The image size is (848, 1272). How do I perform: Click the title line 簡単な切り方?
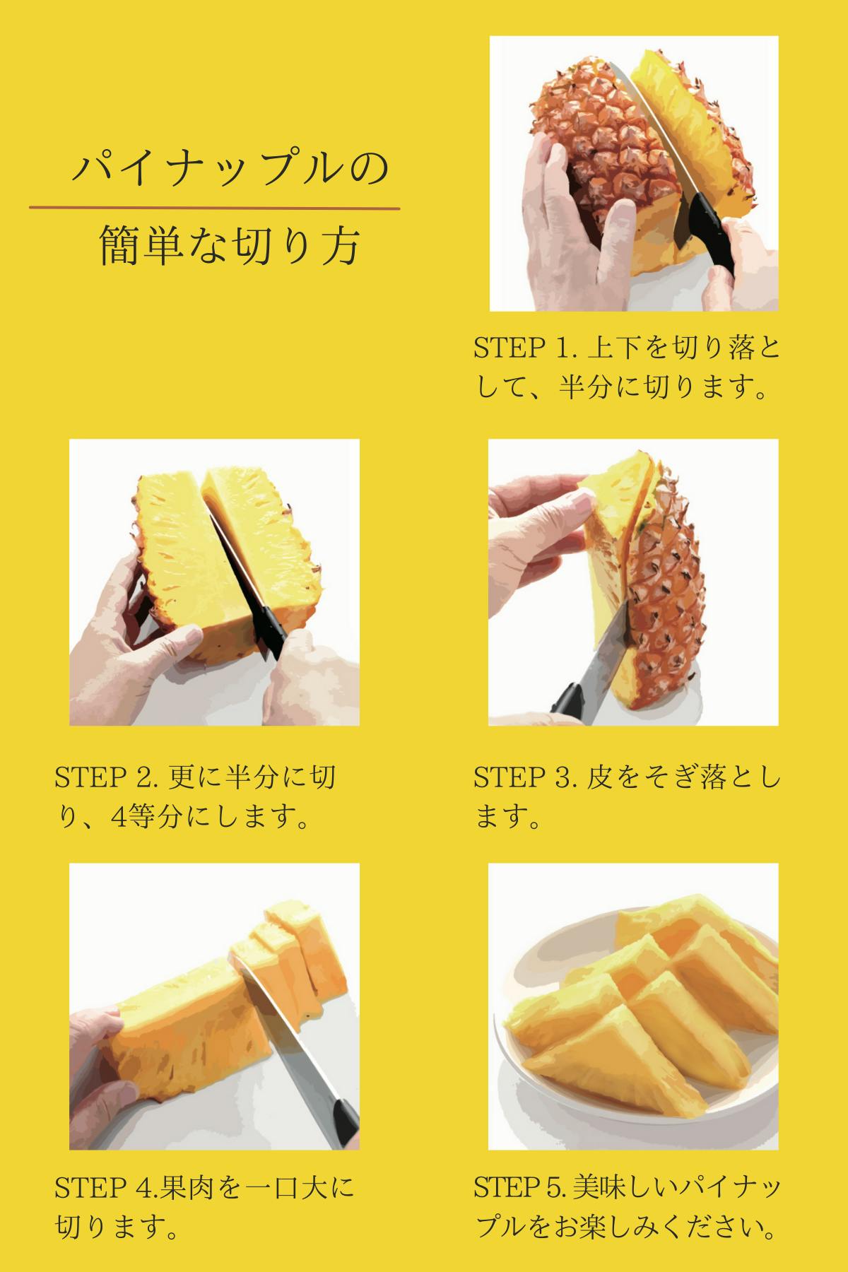pyautogui.click(x=230, y=245)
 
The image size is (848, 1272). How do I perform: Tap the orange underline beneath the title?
pyautogui.click(x=214, y=208)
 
